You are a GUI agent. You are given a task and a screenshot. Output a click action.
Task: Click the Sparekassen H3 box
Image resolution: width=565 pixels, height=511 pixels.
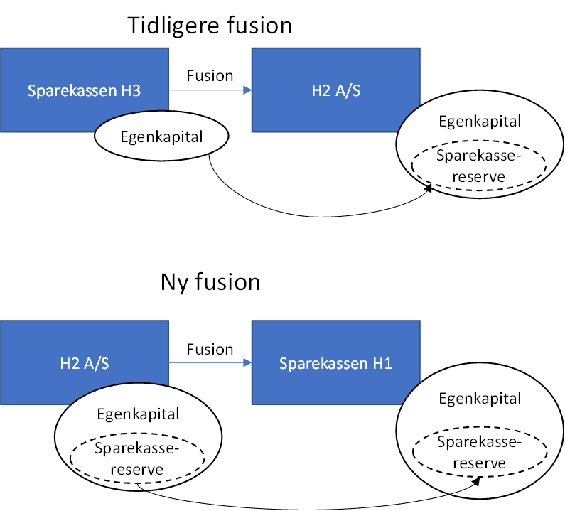coord(57,71)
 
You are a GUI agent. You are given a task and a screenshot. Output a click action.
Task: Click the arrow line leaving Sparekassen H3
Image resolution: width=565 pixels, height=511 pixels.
coord(206,90)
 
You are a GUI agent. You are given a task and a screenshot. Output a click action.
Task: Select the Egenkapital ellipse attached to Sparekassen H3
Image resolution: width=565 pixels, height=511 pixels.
coord(161,137)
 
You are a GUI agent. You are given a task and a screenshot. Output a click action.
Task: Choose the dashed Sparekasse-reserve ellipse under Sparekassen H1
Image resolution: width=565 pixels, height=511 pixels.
coord(480,453)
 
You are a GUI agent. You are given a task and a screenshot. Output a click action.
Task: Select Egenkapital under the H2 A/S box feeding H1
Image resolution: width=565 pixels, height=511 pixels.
coord(138,414)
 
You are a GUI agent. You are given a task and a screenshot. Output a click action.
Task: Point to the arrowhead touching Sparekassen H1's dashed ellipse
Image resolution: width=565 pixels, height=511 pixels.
coord(478,481)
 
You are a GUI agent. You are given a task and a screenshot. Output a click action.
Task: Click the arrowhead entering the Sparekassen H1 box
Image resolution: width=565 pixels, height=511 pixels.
coord(247,363)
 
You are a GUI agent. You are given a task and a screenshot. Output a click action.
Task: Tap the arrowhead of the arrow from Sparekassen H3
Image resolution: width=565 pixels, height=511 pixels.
coord(247,90)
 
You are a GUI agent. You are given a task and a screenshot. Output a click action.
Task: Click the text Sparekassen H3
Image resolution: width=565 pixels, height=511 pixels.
coord(84,91)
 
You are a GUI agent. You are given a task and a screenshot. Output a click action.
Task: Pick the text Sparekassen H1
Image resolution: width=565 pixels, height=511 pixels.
coord(335,364)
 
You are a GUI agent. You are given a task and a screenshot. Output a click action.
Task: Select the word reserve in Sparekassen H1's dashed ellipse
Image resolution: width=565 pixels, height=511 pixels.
coord(480,463)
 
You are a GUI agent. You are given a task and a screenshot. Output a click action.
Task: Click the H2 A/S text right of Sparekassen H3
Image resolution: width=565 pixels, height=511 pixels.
coord(335,91)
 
